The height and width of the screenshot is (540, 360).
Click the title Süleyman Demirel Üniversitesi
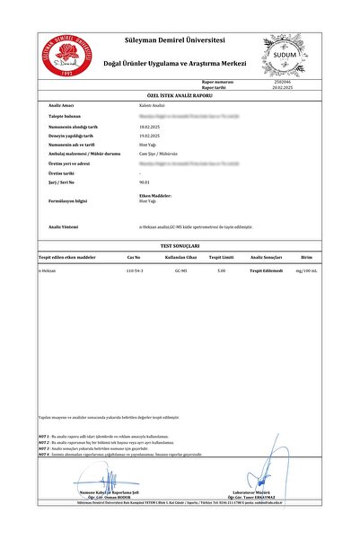click(180, 40)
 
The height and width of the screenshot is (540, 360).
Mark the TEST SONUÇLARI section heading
click(180, 244)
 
